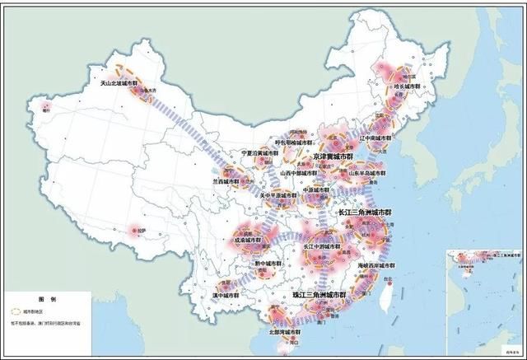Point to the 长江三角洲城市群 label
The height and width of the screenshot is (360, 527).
365,213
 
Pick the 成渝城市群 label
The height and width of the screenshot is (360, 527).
248,241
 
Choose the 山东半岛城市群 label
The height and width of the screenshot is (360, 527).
367,174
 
